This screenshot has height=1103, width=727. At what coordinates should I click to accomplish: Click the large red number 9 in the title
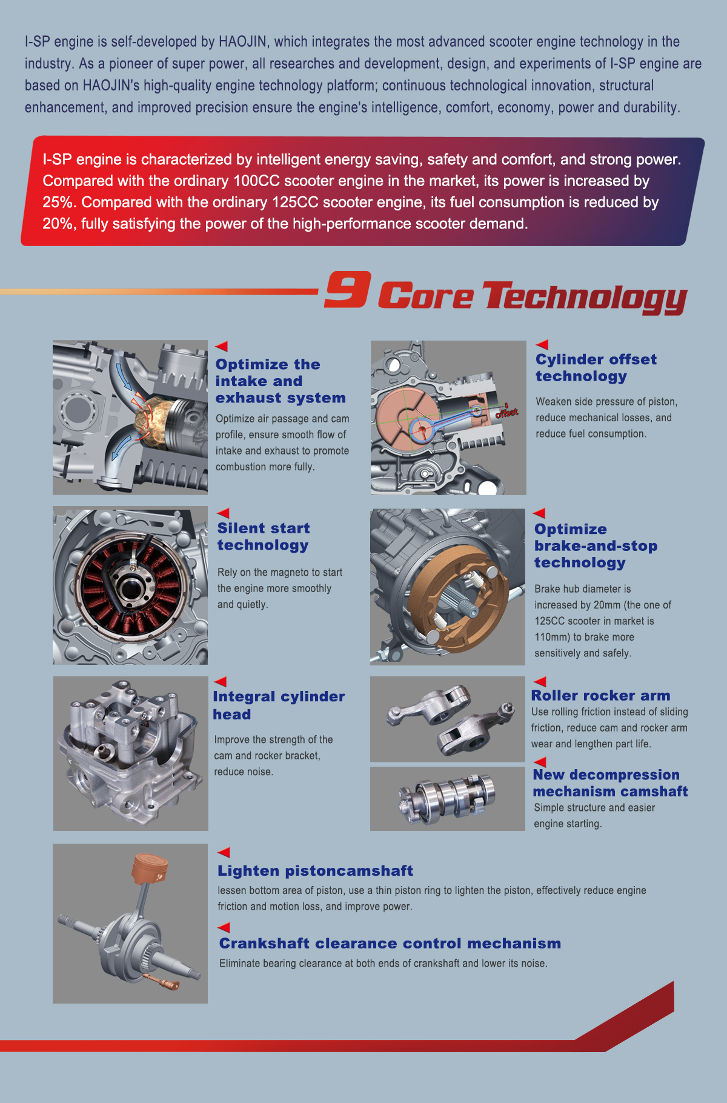pyautogui.click(x=347, y=289)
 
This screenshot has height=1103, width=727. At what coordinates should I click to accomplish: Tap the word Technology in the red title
pyautogui.click(x=585, y=298)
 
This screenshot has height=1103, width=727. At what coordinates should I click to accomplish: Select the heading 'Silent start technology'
pyautogui.click(x=264, y=536)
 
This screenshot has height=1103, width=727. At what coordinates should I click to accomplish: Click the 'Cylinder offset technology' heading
pyautogui.click(x=596, y=368)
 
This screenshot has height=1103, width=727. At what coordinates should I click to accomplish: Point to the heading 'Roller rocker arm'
pyautogui.click(x=600, y=695)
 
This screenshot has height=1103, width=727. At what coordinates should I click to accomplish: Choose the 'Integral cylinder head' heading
pyautogui.click(x=279, y=705)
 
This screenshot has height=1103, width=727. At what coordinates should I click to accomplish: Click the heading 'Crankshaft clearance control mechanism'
pyautogui.click(x=390, y=943)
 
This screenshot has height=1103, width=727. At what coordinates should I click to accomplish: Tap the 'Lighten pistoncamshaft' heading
pyautogui.click(x=316, y=871)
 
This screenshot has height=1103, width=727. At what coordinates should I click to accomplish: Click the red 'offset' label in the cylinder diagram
pyautogui.click(x=507, y=413)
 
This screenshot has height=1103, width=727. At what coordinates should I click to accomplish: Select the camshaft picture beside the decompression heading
pyautogui.click(x=448, y=799)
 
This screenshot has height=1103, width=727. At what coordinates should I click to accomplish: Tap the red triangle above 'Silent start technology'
pyautogui.click(x=223, y=513)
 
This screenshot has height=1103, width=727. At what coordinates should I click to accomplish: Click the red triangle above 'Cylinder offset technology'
pyautogui.click(x=542, y=344)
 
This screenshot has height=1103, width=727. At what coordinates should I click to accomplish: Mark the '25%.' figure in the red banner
pyautogui.click(x=58, y=202)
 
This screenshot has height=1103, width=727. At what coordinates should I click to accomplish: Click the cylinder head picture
pyautogui.click(x=130, y=753)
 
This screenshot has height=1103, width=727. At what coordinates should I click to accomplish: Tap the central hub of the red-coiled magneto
pyautogui.click(x=130, y=586)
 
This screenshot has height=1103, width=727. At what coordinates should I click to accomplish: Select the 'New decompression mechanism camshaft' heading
pyautogui.click(x=611, y=783)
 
